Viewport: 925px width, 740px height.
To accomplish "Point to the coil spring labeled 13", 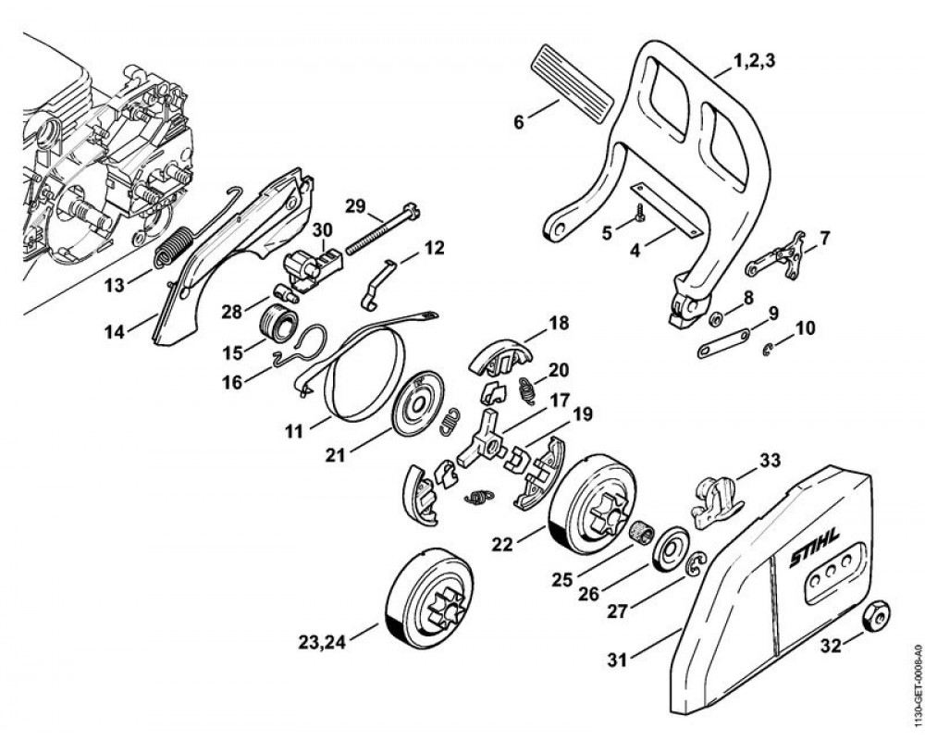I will (175, 249).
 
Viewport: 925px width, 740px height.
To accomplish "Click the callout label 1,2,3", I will (754, 62).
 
